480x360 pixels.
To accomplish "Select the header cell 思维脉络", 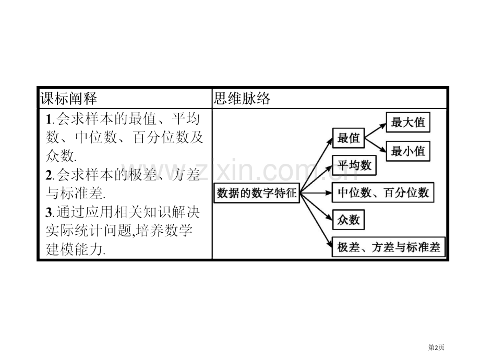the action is coord(329,99).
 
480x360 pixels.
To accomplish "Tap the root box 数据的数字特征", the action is coord(257,193).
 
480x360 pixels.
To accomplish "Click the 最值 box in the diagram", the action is coord(349,138).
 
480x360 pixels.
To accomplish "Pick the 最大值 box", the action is coord(408,123).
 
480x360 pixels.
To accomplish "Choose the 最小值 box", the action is coord(408,151).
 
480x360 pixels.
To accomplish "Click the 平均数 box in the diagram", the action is coord(354,165).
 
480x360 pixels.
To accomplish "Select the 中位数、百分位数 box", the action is coord(383,193).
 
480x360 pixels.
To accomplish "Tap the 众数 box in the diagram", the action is coord(349,220).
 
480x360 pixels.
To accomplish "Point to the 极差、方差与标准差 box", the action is coord(389,247).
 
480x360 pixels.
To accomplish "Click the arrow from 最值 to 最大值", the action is coord(375,131).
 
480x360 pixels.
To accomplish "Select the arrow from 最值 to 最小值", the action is coord(375,145).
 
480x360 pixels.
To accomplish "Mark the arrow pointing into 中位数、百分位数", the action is coord(316,193).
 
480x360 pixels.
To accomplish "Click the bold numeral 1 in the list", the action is coord(49,119).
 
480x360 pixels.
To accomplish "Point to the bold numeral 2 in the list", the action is coord(49,175).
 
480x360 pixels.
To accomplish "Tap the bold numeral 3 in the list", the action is coord(49,212).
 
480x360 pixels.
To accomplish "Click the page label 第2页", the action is coord(436,347).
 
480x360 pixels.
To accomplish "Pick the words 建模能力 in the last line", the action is coord(74,249).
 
